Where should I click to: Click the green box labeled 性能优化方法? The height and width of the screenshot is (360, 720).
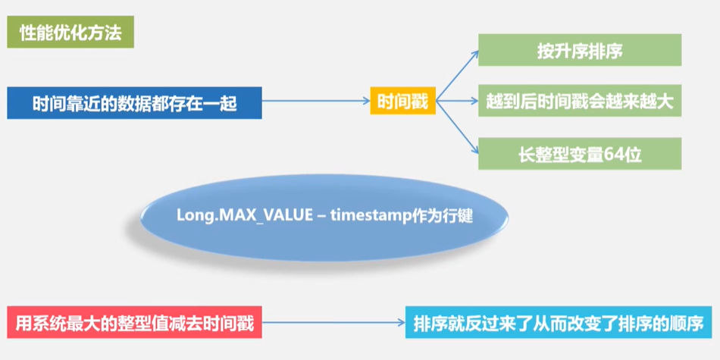click(x=70, y=34)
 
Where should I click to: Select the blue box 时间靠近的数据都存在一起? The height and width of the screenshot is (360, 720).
click(x=135, y=103)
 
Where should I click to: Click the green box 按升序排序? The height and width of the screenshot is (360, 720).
click(x=580, y=50)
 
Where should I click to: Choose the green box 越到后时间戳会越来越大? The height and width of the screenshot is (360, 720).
click(x=580, y=101)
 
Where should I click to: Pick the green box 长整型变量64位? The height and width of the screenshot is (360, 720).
click(x=580, y=154)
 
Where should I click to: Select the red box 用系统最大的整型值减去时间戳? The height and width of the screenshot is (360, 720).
click(x=135, y=323)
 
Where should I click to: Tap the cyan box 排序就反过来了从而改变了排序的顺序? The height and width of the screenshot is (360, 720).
click(x=559, y=323)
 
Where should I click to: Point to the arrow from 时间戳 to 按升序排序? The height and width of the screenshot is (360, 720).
click(x=458, y=76)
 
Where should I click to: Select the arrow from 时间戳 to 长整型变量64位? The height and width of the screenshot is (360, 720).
click(x=458, y=125)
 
